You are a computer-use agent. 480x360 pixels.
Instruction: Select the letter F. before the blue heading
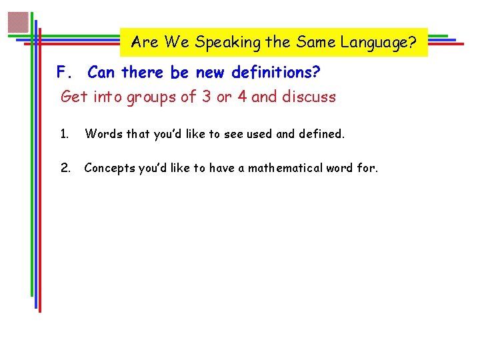click(64, 71)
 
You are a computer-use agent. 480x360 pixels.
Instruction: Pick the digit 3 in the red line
click(207, 97)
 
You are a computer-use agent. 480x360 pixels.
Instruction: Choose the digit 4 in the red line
click(242, 97)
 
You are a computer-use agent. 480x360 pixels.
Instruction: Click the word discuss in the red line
click(309, 97)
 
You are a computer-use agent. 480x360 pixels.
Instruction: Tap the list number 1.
click(64, 134)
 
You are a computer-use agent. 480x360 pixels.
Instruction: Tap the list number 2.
click(65, 168)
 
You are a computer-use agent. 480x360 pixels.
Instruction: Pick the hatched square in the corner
click(19, 23)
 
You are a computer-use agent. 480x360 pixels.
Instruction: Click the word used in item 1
click(259, 134)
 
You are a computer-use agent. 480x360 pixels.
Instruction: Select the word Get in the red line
click(74, 97)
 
